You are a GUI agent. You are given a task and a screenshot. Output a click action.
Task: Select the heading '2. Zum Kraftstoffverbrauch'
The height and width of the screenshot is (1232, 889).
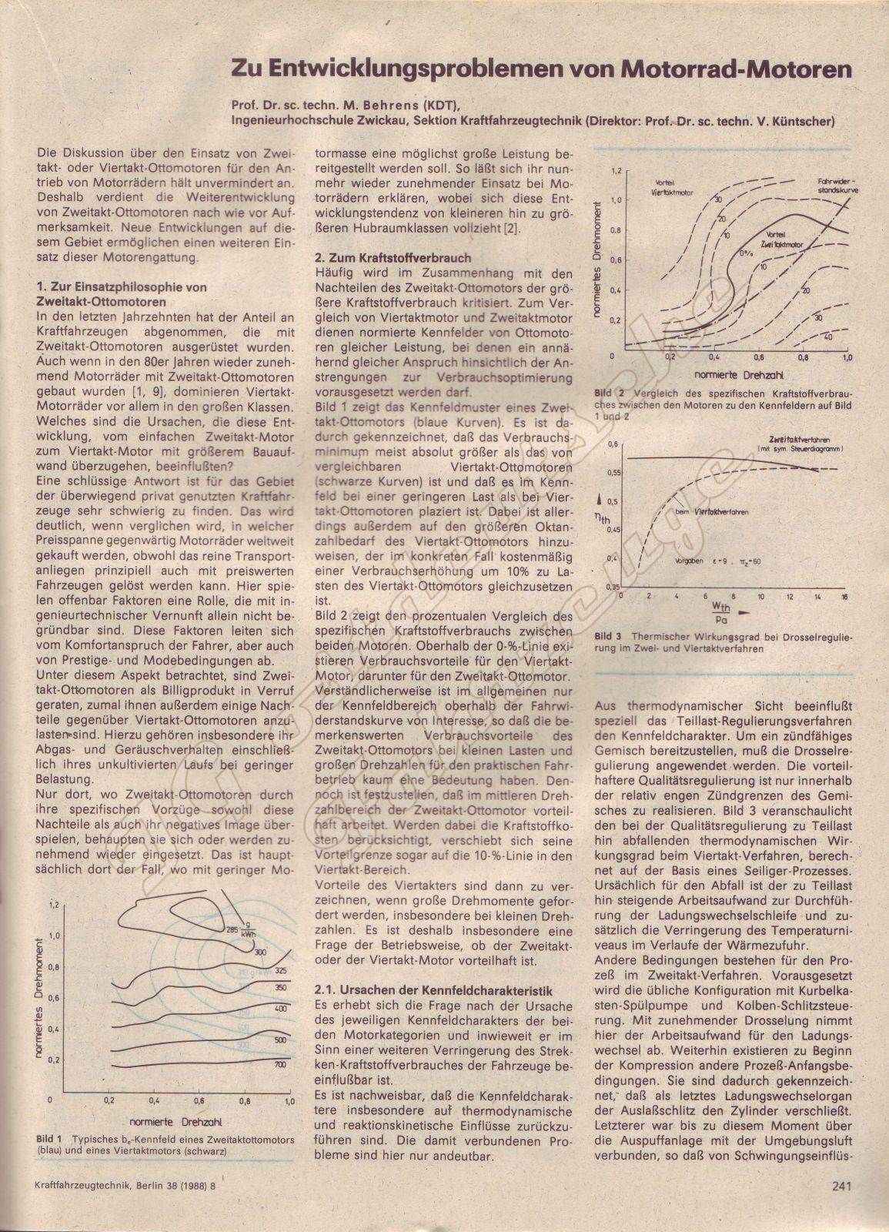pyautogui.click(x=393, y=258)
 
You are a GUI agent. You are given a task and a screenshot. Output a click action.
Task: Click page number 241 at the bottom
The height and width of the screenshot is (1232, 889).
pyautogui.click(x=841, y=1187)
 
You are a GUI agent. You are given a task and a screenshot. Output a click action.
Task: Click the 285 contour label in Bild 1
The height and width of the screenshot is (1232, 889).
pyautogui.click(x=232, y=929)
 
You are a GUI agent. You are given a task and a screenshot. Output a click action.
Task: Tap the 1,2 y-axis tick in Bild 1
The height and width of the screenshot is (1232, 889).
pyautogui.click(x=53, y=906)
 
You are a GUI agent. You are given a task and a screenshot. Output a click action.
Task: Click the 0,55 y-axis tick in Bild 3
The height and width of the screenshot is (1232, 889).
pyautogui.click(x=613, y=471)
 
